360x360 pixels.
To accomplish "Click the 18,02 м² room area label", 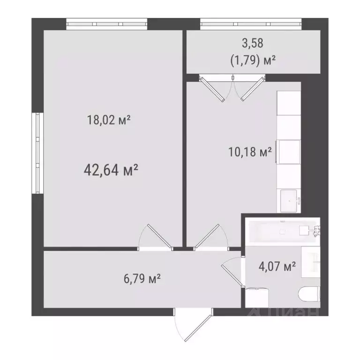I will pos(108,120).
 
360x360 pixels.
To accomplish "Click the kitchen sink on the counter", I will pos(290,201).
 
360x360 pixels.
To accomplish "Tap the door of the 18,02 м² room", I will pos(156,237).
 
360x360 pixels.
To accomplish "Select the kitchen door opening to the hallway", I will pos(208,237).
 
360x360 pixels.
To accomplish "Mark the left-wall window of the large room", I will pos(36,152).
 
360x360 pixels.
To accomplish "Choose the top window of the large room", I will pos(107,23).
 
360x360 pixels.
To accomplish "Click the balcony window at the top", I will pos(250,23).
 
